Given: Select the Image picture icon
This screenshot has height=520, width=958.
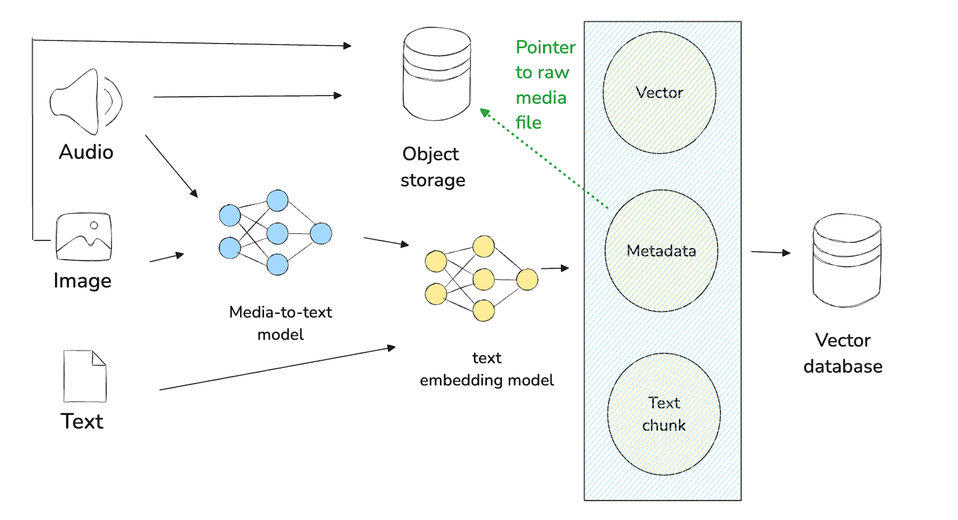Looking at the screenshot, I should click(84, 237).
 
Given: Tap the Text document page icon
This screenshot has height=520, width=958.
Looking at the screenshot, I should click(85, 376).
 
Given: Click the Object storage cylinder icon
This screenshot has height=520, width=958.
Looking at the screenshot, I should click(437, 74).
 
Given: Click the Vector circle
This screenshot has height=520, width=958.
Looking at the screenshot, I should click(659, 93).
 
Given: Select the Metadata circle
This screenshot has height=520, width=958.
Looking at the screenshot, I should click(661, 250).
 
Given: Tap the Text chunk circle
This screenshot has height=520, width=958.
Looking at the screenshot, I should click(663, 414).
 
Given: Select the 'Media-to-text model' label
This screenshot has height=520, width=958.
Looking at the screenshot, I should click(280, 323).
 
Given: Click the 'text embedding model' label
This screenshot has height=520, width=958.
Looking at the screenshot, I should click(487, 369).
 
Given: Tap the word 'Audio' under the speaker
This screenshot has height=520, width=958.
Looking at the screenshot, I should click(86, 152).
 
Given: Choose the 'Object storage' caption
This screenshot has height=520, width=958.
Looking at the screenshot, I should click(432, 167).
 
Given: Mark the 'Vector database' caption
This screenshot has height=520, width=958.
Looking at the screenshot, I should click(843, 353).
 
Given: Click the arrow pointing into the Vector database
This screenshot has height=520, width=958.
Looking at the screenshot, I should click(771, 252).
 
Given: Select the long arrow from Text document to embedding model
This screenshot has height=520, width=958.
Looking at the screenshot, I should click(277, 368).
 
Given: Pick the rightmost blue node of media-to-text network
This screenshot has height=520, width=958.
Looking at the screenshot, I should click(321, 233).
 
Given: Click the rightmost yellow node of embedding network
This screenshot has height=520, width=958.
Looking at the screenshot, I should click(527, 279).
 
